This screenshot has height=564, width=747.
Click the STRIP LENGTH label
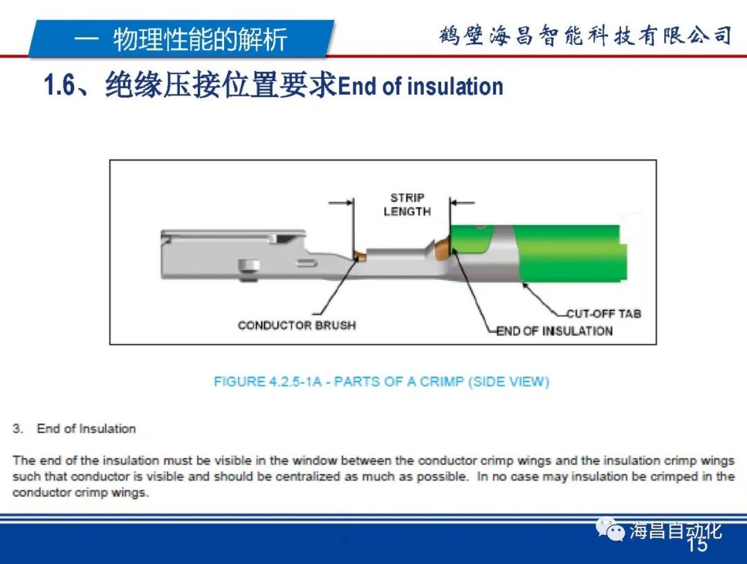pyautogui.click(x=407, y=204)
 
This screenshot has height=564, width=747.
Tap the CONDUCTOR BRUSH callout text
pyautogui.click(x=297, y=325)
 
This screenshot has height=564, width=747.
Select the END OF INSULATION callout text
pyautogui.click(x=555, y=331)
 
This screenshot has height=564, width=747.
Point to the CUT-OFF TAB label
pyautogui.click(x=604, y=313)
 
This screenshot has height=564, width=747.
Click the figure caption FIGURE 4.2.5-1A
pyautogui.click(x=381, y=381)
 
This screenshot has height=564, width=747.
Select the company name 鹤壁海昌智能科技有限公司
pyautogui.click(x=585, y=35)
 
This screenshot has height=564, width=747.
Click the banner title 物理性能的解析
pyautogui.click(x=200, y=39)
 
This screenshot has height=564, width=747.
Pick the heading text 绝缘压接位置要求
pyautogui.click(x=221, y=87)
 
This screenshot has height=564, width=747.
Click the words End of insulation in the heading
pyautogui.click(x=421, y=87)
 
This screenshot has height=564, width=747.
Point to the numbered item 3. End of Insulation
pyautogui.click(x=74, y=429)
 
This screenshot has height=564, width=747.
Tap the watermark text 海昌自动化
pyautogui.click(x=675, y=531)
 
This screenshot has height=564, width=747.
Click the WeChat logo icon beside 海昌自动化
pyautogui.click(x=611, y=530)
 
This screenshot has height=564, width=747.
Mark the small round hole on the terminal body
pyautogui.click(x=246, y=266)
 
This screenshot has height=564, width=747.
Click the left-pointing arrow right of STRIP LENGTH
pyautogui.click(x=463, y=203)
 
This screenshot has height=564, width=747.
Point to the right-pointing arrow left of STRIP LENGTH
pyautogui.click(x=341, y=203)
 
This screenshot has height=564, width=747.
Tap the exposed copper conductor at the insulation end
pyautogui.click(x=441, y=246)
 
